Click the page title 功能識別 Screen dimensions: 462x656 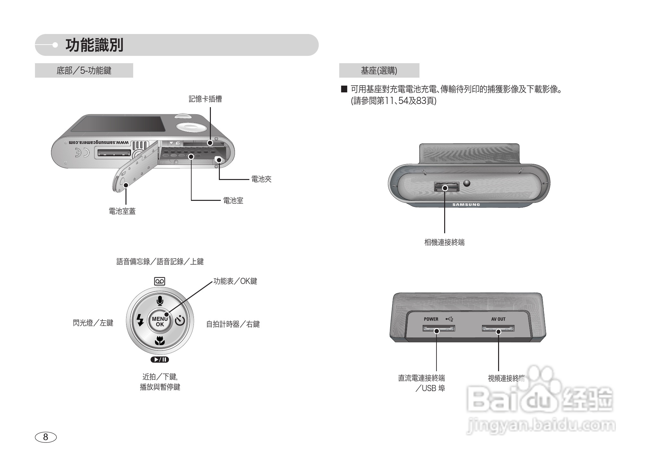coord(94,45)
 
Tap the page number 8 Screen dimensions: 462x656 coord(46,437)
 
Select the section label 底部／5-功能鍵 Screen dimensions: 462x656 coord(84,71)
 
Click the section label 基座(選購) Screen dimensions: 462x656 coord(379,71)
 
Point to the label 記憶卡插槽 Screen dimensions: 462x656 coord(205,99)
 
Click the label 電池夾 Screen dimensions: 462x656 coord(261,179)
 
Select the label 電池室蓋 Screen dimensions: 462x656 coord(122,211)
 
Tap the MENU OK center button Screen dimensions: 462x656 coord(160,321)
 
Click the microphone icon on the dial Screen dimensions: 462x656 coord(160,301)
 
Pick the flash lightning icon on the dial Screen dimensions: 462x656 coord(140,320)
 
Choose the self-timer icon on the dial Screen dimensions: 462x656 coord(180,320)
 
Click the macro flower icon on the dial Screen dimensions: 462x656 coord(160,341)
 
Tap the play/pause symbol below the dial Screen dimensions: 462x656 coord(160,359)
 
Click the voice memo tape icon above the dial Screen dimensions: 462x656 coord(160,281)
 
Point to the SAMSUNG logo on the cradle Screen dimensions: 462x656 coord(466,205)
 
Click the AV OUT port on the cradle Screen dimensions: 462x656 coord(498,328)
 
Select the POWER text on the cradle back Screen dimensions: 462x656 coord(431,319)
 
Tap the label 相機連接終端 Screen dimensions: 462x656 coord(445,243)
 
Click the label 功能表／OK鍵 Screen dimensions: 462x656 coord(235,281)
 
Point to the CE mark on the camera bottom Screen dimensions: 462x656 coord(82,153)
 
